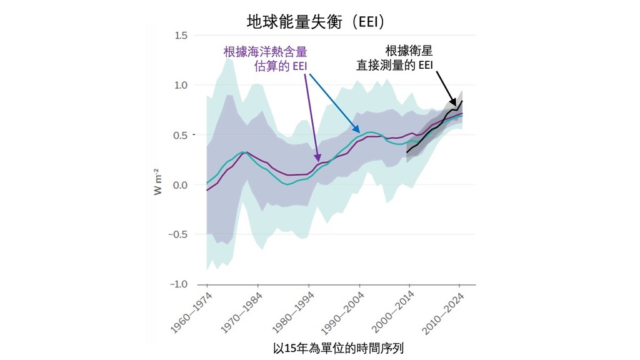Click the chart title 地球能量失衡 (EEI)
click(x=319, y=22)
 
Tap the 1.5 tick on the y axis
click(x=181, y=35)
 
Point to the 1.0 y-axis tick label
click(x=181, y=85)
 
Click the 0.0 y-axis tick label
click(x=181, y=185)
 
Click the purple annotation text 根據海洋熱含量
click(x=266, y=52)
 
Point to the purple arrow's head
click(x=318, y=161)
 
